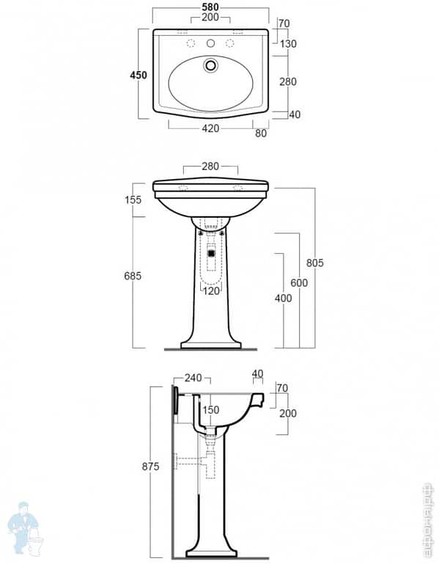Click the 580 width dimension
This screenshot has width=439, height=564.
[x=210, y=7]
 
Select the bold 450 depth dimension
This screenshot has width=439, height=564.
[x=139, y=75]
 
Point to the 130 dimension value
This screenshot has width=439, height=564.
[x=287, y=44]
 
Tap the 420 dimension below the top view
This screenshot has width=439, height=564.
[x=210, y=129]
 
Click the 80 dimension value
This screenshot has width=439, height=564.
[x=261, y=133]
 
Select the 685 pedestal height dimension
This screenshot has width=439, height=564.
[x=133, y=275]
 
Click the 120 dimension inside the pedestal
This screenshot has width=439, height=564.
[x=211, y=291]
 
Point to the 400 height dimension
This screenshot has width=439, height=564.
[x=283, y=299]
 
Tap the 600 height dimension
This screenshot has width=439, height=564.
[x=299, y=283]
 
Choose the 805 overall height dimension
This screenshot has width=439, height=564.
[x=315, y=263]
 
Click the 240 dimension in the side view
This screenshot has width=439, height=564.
[x=193, y=378]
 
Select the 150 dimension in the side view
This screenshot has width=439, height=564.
[x=211, y=410]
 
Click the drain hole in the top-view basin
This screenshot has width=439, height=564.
[x=211, y=65]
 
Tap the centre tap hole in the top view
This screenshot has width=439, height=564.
[x=211, y=44]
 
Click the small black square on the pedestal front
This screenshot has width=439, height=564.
[x=211, y=253]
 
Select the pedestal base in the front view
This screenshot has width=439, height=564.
[x=211, y=343]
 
